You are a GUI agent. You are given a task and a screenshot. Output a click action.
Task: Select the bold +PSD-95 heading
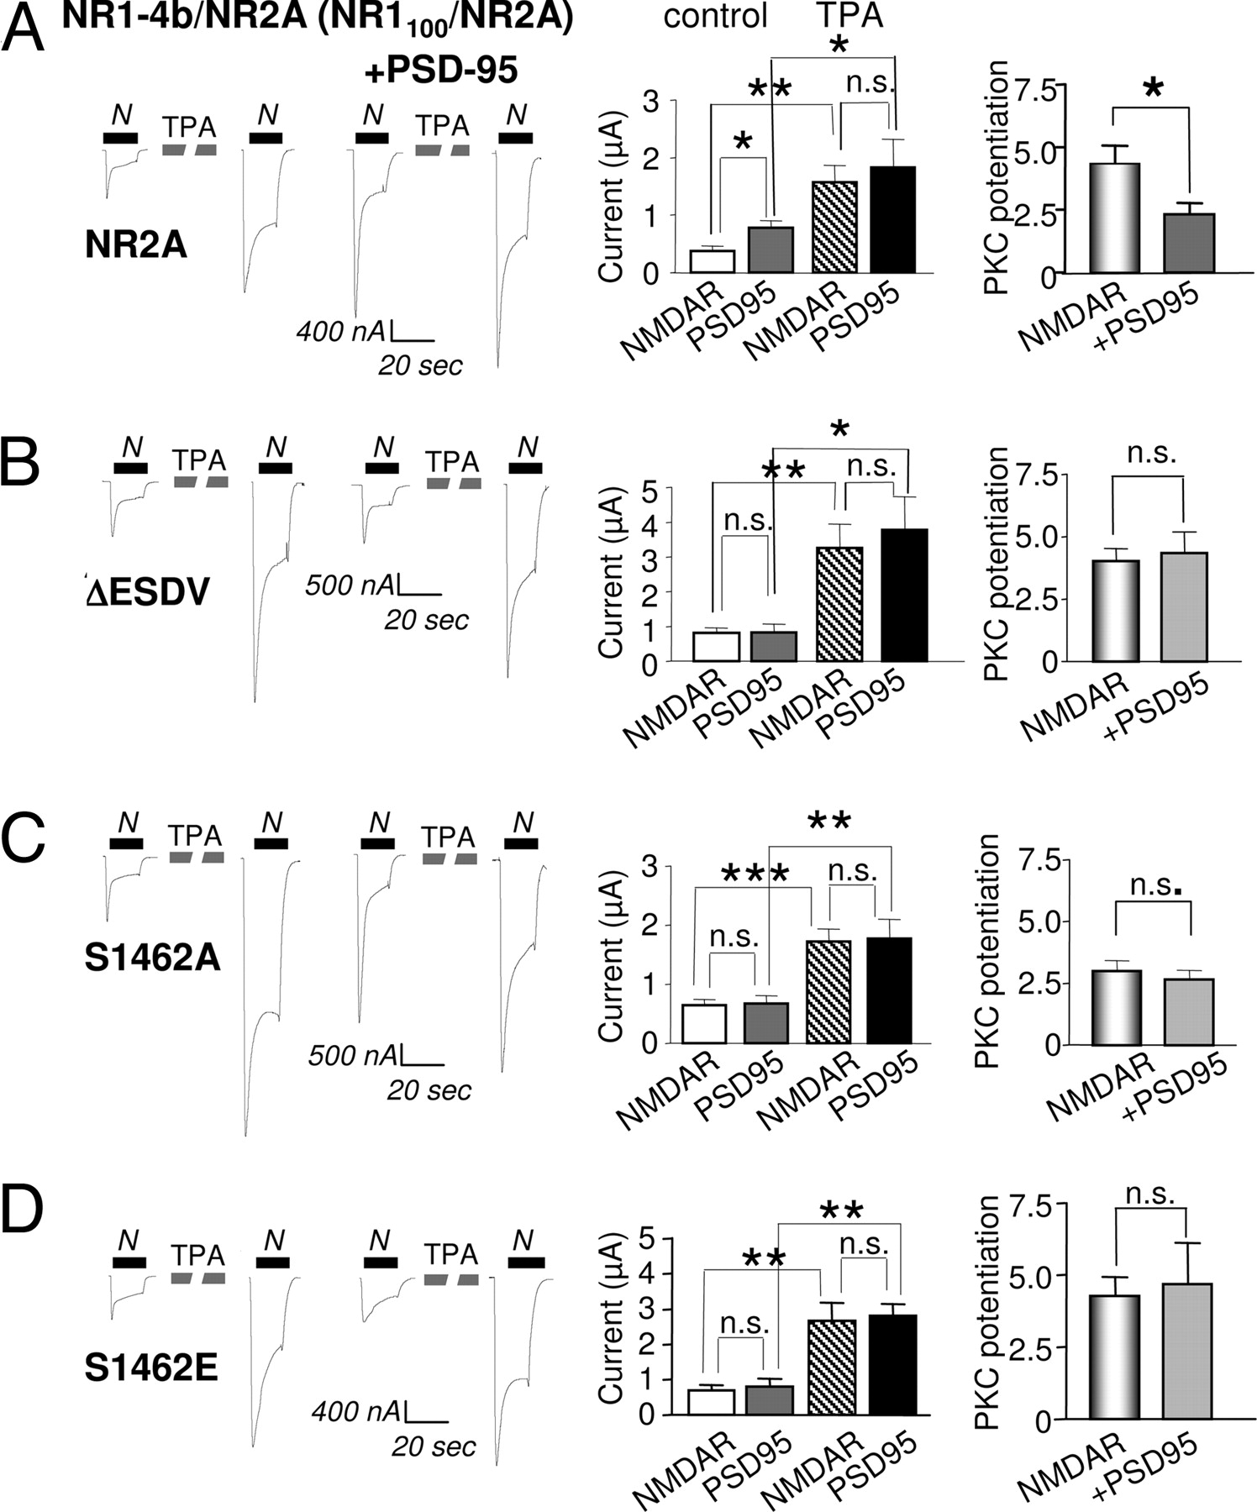click(x=442, y=71)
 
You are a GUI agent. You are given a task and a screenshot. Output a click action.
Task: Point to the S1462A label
click(x=152, y=957)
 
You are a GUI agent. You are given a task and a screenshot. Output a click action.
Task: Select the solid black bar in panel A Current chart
click(x=892, y=219)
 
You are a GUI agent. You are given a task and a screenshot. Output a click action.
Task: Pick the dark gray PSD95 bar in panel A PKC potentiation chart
click(x=1189, y=243)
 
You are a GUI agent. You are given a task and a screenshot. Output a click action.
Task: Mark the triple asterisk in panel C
click(x=755, y=874)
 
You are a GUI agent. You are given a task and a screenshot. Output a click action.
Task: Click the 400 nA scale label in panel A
click(x=341, y=331)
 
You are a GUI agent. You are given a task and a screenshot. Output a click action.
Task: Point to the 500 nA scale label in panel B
click(x=350, y=585)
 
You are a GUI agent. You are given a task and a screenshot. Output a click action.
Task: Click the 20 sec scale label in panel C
click(x=429, y=1090)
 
